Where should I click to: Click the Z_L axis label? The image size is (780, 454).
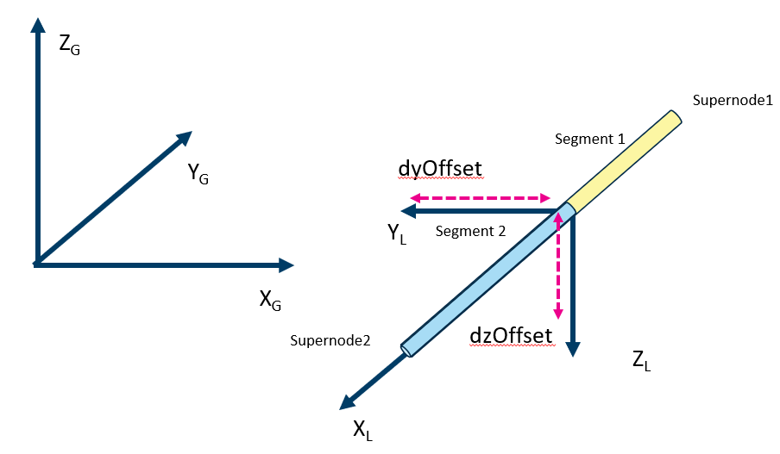641,362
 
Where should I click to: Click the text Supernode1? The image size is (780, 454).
731,100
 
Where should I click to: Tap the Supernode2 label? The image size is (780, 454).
331,340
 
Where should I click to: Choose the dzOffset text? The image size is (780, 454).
511,334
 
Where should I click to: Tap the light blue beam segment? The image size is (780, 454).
483,280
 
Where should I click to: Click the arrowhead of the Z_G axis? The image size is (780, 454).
37,25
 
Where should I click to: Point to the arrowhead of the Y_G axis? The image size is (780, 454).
183,139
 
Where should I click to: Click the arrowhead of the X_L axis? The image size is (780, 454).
349,400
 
